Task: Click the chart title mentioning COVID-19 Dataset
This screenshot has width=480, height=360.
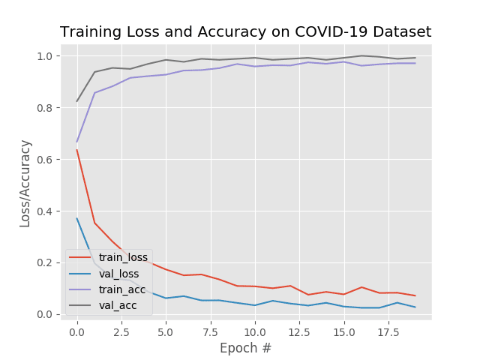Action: pos(245,32)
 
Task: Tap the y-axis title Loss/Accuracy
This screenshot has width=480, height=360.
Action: pos(25,183)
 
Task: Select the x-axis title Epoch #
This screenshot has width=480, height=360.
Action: pos(245,348)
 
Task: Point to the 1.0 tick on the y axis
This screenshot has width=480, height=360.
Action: pos(45,56)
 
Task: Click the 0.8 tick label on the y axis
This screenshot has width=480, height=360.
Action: pos(45,108)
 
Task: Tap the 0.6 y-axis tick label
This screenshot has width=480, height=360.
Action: pos(45,160)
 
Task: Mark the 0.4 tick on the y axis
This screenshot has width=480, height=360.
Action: pos(45,211)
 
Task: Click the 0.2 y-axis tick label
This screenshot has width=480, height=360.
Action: pos(45,262)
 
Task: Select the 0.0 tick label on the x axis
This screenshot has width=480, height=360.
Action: pos(76,330)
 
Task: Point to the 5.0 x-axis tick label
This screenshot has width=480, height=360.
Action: pos(166,330)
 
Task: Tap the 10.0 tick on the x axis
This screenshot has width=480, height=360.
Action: pos(255,330)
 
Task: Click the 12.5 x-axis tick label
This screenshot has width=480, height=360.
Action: pos(299,330)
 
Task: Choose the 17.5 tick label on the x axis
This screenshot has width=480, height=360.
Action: pos(388,330)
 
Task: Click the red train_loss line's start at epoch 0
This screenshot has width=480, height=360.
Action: pos(76,150)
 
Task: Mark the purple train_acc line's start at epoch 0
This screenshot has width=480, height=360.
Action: pos(76,142)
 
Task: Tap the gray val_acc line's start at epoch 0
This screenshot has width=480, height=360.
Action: pos(76,101)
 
